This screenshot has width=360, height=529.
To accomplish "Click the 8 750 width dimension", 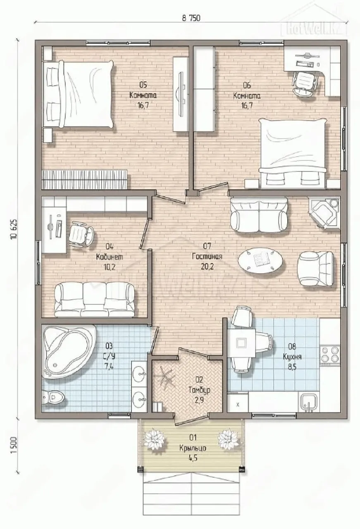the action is [x=191, y=18].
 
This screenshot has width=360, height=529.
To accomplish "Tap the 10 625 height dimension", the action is [x=14, y=229].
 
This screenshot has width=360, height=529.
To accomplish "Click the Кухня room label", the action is [x=292, y=356].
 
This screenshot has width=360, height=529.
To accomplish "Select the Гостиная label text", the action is [x=207, y=256].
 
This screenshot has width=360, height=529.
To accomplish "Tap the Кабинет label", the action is [x=110, y=257].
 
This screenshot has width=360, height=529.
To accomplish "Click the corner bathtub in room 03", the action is [x=69, y=351].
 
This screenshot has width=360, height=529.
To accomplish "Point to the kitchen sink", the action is [x=310, y=401].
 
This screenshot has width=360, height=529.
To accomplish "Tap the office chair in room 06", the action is [x=305, y=83].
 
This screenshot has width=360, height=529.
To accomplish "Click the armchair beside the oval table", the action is [x=316, y=268].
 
